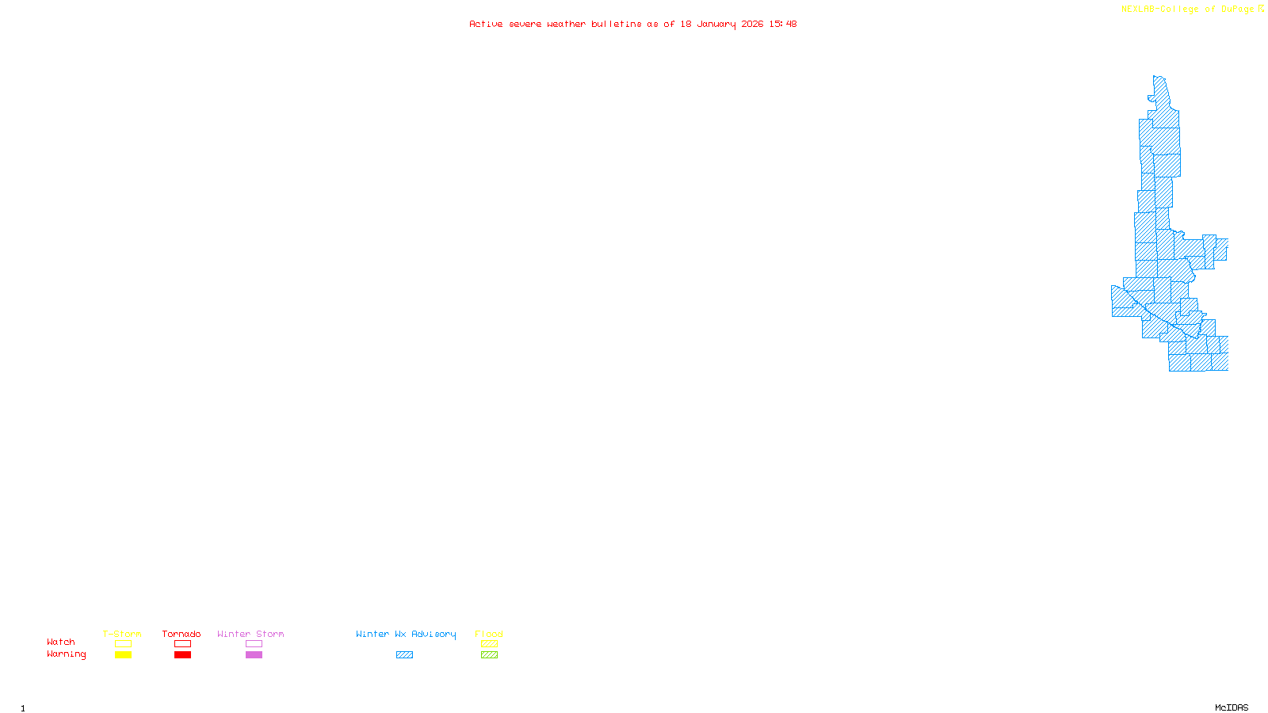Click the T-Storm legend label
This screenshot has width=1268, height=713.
tap(122, 634)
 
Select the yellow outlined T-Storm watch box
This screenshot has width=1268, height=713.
tap(123, 644)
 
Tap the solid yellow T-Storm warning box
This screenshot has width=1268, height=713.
tap(123, 655)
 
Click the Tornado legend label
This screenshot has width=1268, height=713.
tap(181, 634)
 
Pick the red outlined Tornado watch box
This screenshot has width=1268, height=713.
tap(182, 644)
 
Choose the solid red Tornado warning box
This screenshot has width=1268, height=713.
tap(182, 655)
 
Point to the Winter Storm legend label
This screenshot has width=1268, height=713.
tap(250, 634)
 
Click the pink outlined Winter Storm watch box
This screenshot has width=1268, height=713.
tap(254, 644)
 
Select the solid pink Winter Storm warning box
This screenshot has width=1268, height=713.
tap(254, 655)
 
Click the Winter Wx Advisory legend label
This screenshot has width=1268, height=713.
tap(406, 634)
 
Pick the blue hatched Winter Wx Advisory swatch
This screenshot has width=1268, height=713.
tap(404, 655)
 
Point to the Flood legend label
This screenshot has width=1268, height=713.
tap(489, 634)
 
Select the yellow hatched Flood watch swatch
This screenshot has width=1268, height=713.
tap(489, 644)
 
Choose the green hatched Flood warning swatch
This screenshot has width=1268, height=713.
tap(489, 655)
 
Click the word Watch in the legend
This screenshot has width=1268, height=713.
tap(61, 642)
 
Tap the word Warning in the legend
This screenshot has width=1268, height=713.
tap(67, 654)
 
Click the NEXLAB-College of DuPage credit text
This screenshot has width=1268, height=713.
tap(1188, 10)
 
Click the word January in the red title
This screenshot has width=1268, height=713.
tap(716, 24)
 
